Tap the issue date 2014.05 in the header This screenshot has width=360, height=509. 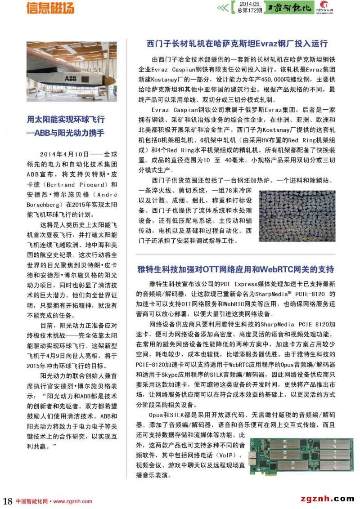pos(247,4)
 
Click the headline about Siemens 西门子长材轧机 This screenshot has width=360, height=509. pos(237,44)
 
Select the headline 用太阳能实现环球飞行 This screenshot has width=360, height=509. pos(66,119)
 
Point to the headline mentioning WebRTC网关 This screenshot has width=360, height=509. pos(235,269)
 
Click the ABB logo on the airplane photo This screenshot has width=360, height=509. pos(71,79)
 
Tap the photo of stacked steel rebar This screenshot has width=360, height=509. pos(297,216)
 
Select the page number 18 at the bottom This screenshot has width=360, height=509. pos(8,501)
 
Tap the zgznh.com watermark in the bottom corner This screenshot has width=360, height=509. pos(326,498)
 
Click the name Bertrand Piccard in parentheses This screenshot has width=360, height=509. pos(67,185)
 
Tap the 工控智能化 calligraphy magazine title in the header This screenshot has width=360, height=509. pos(288,8)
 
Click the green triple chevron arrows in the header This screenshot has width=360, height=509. pos(223,8)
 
